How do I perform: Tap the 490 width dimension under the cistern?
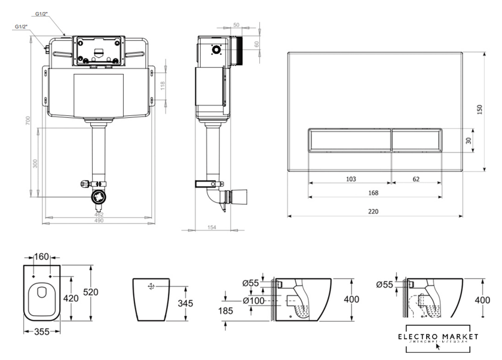99,221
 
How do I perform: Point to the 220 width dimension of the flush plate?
374,211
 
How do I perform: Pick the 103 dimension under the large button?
351,179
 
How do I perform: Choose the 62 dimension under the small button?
416,179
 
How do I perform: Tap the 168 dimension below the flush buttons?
375,193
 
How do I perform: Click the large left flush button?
350,141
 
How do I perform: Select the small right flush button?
417,141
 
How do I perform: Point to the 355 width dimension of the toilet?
41,331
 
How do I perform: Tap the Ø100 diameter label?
253,300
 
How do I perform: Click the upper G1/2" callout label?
42,14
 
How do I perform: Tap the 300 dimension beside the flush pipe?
35,163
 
